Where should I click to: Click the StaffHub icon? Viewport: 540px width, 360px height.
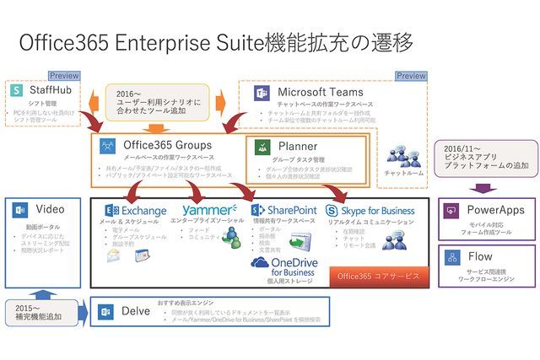17,90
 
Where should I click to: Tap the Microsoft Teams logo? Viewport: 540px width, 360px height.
261,94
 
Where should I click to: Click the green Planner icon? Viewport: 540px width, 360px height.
262,147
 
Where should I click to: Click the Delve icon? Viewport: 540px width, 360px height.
106,312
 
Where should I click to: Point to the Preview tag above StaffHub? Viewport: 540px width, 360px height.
64,76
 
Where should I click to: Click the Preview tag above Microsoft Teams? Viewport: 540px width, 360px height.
410,76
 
